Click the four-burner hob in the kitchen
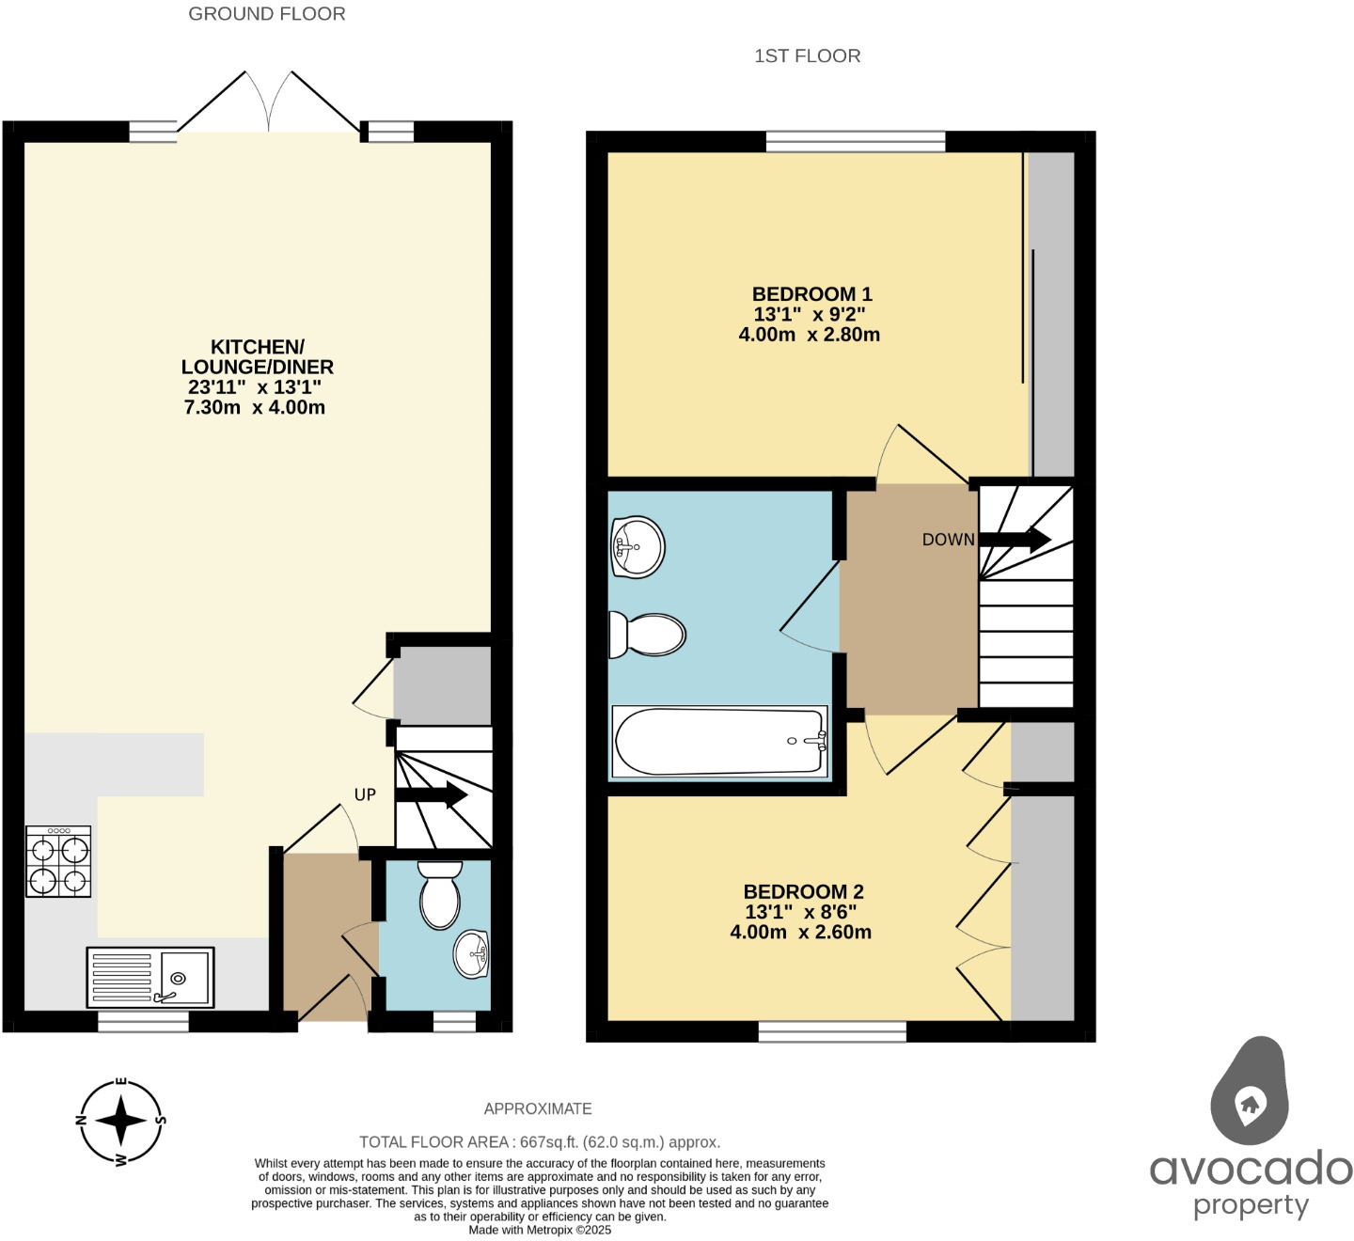pos(58,861)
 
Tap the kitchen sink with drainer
pos(150,977)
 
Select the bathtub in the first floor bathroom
pos(719,742)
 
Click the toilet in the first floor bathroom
pos(647,635)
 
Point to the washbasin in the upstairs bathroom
pos(638,545)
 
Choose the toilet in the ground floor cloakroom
pos(439,894)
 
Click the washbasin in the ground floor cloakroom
pos(471,954)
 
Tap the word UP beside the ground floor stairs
pos(365,794)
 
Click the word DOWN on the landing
pos(948,540)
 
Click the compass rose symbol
pos(120,1121)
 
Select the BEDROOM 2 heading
pos(803,891)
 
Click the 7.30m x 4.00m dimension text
pos(254,407)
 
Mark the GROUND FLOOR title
pos(267,14)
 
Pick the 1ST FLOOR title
pos(807,55)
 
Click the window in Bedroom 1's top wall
pos(855,141)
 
